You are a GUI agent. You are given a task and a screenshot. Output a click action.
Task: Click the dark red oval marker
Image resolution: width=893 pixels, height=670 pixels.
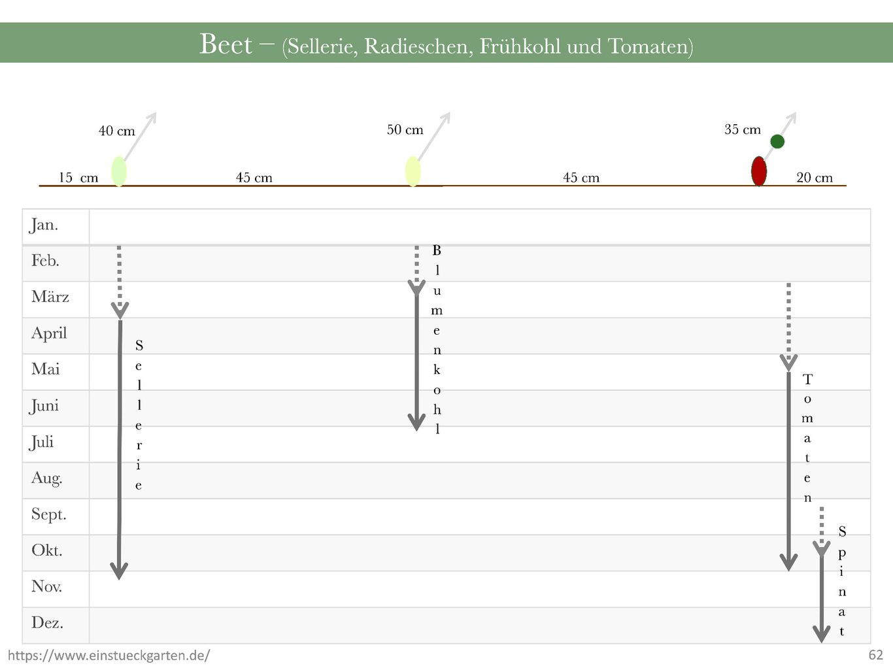tap(759, 171)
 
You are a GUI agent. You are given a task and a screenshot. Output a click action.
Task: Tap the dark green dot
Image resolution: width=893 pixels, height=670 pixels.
tap(777, 142)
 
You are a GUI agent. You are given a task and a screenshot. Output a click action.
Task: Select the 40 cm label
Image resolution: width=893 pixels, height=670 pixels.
tap(117, 131)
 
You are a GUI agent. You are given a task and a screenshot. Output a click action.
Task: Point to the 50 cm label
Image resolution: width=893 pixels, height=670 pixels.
tap(405, 130)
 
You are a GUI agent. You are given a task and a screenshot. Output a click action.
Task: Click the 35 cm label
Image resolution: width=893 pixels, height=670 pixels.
tap(743, 129)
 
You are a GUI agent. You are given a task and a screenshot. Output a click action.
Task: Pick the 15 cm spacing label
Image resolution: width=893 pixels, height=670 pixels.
tap(78, 178)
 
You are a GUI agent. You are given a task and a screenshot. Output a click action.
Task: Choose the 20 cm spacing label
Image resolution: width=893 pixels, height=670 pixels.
tap(815, 178)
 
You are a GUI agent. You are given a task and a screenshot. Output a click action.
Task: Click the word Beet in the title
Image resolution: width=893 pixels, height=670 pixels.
tap(226, 44)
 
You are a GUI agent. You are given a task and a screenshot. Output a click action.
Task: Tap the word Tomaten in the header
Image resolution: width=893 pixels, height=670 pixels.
tap(650, 47)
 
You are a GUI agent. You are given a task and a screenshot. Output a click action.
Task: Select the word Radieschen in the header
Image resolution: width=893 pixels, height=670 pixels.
tap(418, 47)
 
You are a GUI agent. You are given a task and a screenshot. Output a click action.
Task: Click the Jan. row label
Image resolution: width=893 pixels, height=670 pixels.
tap(44, 225)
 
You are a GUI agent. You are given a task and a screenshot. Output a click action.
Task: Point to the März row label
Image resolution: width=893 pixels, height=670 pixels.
tap(50, 297)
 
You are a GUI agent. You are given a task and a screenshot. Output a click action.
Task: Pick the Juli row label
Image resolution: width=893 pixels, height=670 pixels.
tap(41, 442)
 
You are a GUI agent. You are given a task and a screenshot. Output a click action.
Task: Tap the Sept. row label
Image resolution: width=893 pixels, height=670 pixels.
tap(48, 514)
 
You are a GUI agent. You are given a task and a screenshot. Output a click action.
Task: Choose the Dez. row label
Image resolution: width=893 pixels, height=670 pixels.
tap(47, 623)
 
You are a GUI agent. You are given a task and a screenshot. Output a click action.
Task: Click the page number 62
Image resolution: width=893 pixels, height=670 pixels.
tap(875, 655)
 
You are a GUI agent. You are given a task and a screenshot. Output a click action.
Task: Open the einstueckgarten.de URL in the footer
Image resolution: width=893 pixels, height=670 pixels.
tap(109, 656)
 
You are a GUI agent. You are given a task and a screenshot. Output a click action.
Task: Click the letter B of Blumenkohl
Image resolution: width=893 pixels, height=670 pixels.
tap(437, 250)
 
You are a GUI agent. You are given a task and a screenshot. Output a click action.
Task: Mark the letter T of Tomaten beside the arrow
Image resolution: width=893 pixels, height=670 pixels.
tap(807, 379)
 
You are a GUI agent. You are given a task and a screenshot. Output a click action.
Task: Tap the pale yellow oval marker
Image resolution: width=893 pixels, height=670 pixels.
tap(413, 171)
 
